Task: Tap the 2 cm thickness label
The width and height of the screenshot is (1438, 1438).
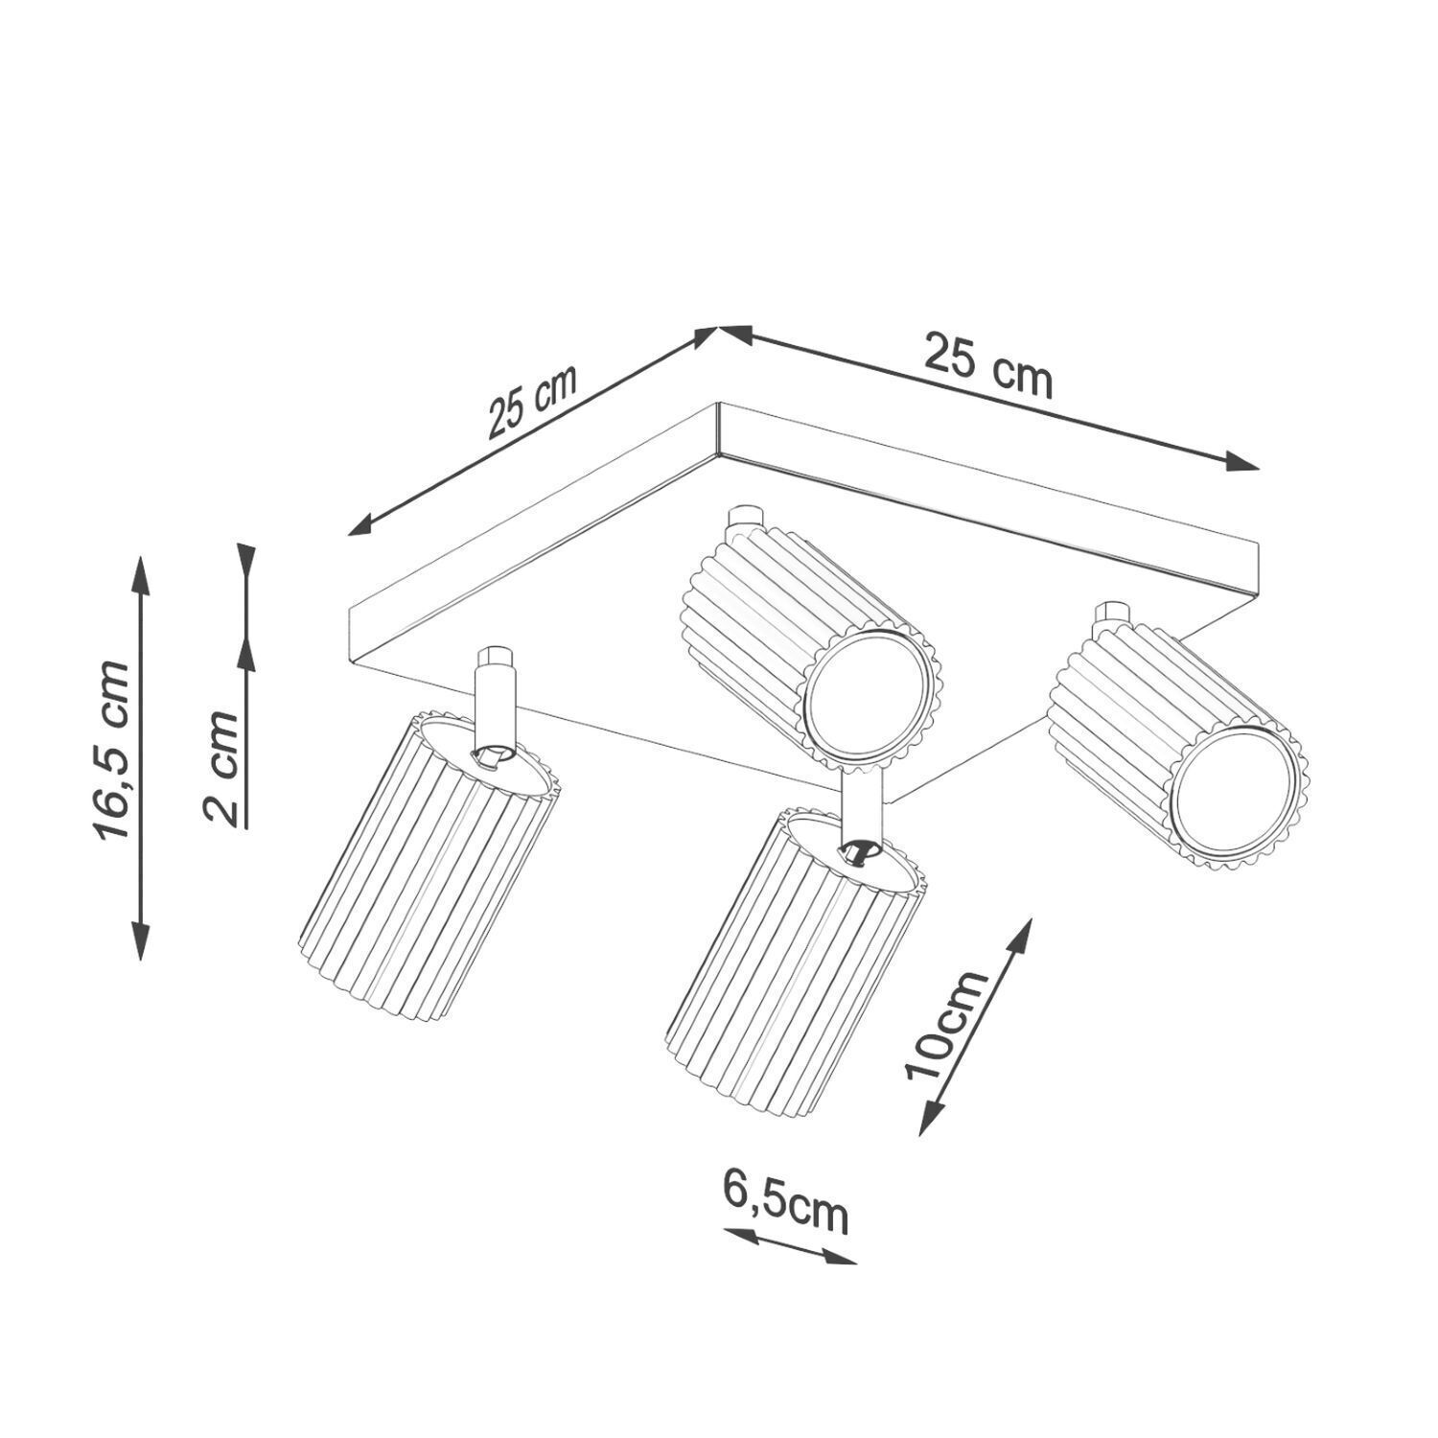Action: coord(221,767)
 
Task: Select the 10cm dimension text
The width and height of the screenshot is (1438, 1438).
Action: coord(946,1024)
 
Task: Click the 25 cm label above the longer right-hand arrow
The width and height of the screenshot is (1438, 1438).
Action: coord(987,365)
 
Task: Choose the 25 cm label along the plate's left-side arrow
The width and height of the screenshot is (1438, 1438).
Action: coord(532,402)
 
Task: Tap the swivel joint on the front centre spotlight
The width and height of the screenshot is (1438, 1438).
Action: coord(859,851)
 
